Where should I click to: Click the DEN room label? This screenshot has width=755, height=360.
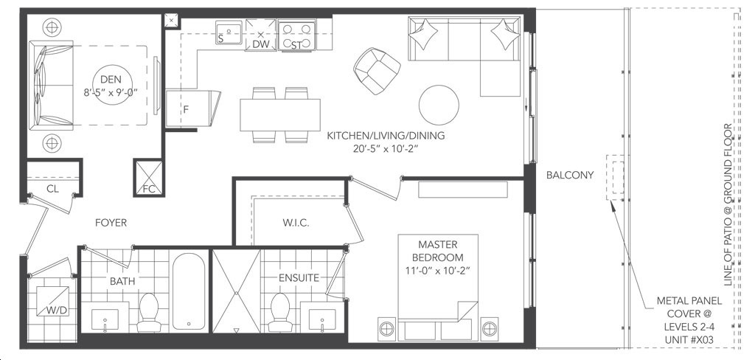(111, 80)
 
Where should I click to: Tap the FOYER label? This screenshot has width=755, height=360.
(111, 223)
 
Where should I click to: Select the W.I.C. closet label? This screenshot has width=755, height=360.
(296, 223)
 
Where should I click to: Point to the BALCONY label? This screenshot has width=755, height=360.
(570, 176)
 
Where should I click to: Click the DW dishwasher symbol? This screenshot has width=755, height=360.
(260, 35)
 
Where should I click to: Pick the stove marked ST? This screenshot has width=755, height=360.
(296, 35)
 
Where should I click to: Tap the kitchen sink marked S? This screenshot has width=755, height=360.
(229, 32)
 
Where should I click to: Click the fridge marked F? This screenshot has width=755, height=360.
(192, 108)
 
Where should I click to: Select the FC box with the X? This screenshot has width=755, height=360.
(149, 178)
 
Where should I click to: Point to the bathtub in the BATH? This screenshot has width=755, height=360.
(188, 291)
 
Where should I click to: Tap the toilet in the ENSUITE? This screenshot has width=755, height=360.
(279, 312)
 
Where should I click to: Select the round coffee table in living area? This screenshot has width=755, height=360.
(439, 105)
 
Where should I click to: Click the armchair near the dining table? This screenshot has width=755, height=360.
(377, 70)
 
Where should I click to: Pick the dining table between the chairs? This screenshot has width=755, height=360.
(280, 114)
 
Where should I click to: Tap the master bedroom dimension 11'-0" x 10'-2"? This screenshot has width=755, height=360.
(437, 270)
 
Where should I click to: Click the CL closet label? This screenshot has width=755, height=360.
(52, 189)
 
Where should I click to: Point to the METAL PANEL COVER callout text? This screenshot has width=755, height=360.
(689, 320)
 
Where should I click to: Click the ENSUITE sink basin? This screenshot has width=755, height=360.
(321, 319)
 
